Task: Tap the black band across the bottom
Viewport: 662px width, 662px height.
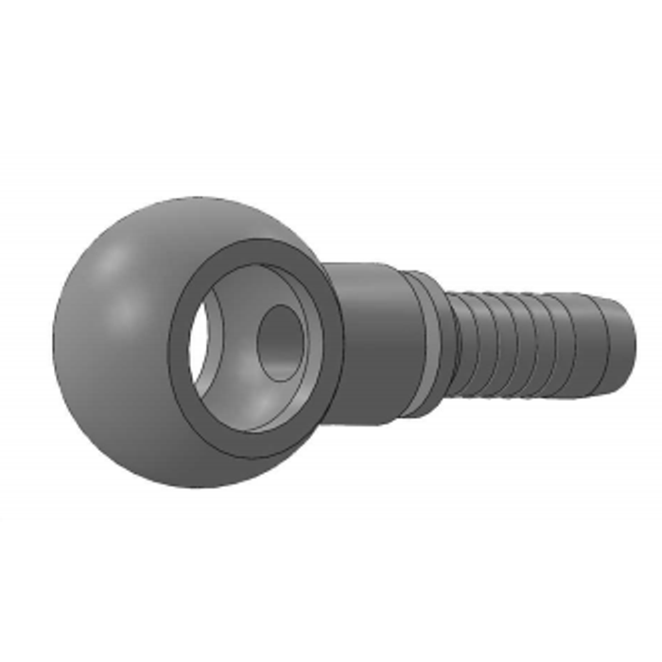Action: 331,591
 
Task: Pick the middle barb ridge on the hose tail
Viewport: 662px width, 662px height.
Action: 511,340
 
